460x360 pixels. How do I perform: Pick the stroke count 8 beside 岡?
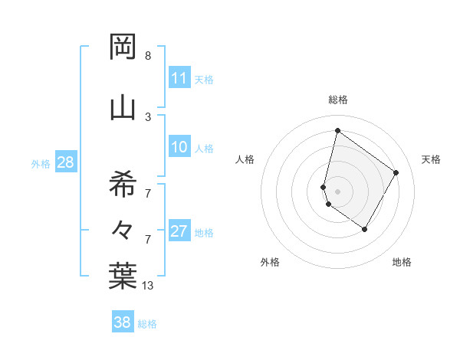[148, 56]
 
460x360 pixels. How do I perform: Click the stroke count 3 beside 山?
[148, 116]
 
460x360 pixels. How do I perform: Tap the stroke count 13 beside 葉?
[147, 286]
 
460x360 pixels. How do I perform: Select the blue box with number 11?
[179, 78]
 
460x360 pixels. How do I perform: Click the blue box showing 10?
[179, 147]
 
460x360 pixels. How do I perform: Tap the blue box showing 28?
[65, 162]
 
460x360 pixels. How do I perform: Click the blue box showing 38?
[123, 322]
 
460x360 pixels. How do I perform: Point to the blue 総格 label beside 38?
[148, 324]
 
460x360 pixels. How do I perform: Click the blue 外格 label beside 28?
[41, 163]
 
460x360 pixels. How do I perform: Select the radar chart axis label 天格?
[432, 159]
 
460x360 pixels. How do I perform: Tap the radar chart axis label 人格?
[245, 159]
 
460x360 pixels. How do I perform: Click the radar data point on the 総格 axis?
[337, 130]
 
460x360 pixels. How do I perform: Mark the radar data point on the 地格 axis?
[365, 229]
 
